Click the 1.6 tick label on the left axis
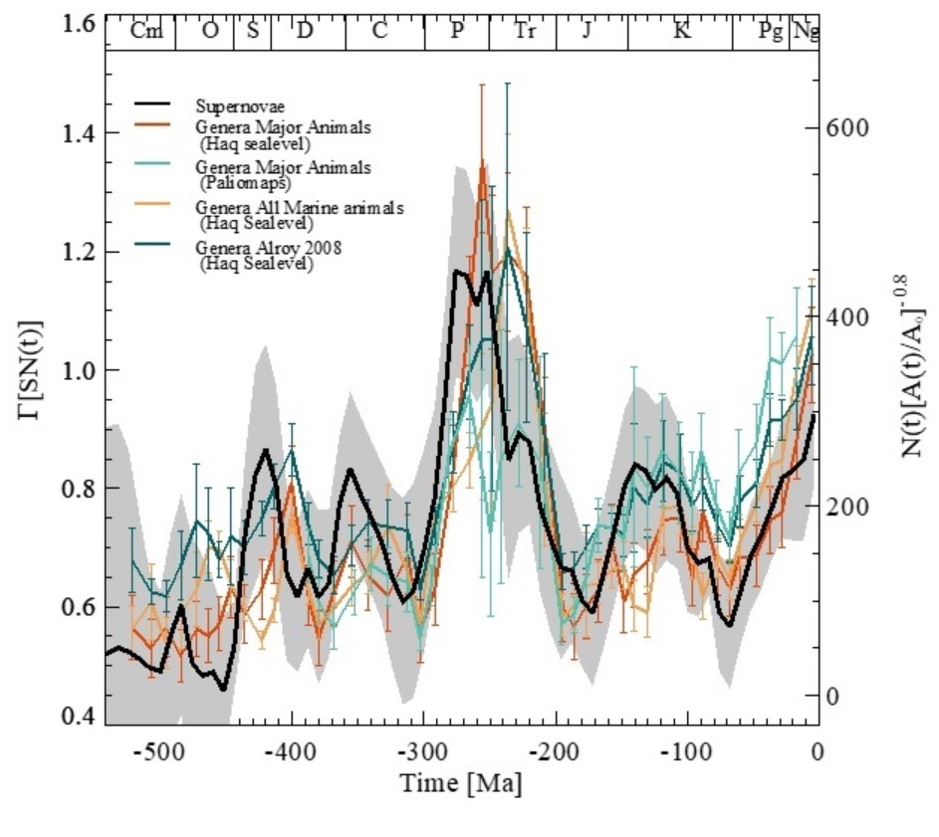pyautogui.click(x=65, y=22)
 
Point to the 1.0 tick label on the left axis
pyautogui.click(x=65, y=370)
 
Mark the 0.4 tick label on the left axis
pyautogui.click(x=65, y=718)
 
